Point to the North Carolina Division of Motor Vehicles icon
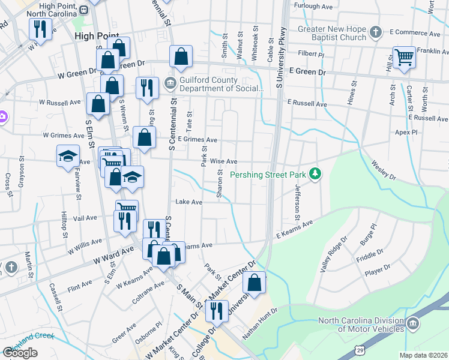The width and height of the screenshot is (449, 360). click(412, 325)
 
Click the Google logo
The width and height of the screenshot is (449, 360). click(20, 352)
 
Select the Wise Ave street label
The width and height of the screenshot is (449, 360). click(223, 162)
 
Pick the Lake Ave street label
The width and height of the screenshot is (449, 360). click(188, 202)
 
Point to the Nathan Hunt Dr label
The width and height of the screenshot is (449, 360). click(260, 325)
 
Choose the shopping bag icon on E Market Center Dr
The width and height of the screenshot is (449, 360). click(255, 284)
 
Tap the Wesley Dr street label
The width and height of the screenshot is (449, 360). click(384, 170)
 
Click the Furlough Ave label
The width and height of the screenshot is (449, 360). click(312, 7)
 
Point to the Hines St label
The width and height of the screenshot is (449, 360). click(351, 96)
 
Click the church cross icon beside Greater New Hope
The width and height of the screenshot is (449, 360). click(375, 32)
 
